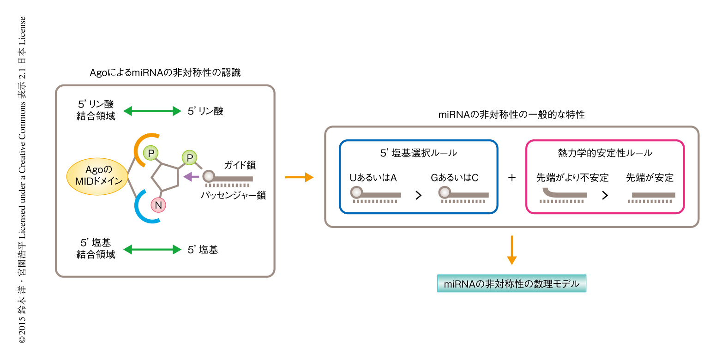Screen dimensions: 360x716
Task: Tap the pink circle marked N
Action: [158, 205]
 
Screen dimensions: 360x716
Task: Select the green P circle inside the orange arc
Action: [150, 151]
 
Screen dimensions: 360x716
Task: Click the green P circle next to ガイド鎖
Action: [190, 157]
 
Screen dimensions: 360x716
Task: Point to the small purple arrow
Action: [191, 176]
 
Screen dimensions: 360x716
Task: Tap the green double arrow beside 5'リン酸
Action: [152, 111]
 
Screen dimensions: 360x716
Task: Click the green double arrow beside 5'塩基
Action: [152, 250]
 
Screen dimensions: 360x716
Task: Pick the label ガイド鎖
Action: [240, 165]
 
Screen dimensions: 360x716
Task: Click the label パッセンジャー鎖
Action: [233, 195]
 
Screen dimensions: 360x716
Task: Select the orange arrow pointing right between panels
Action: [299, 178]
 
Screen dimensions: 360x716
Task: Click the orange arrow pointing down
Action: [511, 250]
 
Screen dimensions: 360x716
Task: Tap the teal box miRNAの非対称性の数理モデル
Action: [511, 284]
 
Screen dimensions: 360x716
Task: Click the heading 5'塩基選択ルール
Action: [418, 152]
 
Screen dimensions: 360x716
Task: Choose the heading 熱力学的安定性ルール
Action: [604, 152]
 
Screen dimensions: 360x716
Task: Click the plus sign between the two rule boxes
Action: [511, 178]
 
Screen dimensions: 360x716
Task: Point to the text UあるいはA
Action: [373, 177]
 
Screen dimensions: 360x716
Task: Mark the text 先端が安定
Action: [650, 177]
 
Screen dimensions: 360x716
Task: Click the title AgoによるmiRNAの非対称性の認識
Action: [165, 72]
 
